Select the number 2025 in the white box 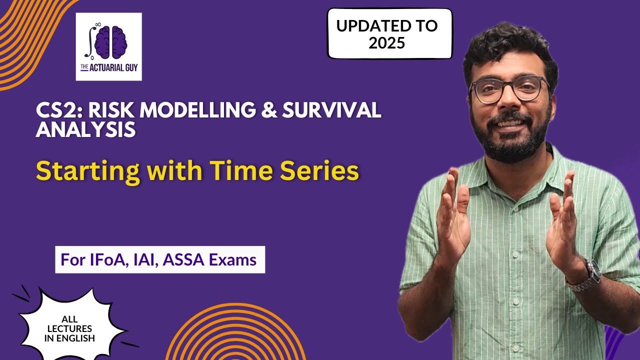click(386, 43)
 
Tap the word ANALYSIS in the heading click(86, 129)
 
